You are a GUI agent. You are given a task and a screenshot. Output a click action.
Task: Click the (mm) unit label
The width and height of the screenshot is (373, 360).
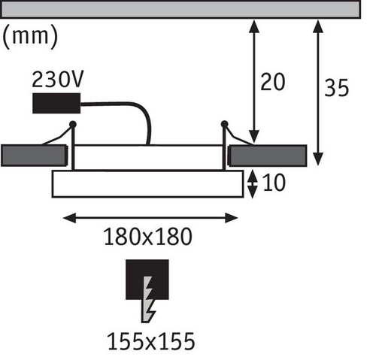coord(30,37)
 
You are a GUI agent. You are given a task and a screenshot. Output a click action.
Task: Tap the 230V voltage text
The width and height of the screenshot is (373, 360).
coord(58,80)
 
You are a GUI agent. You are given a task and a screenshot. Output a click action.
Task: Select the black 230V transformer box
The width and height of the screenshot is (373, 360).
coord(56,103)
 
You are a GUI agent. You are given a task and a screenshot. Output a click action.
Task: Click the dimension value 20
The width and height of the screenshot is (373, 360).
coord(273,82)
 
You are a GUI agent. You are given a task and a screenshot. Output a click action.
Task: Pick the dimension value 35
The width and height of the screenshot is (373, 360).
coord(336,88)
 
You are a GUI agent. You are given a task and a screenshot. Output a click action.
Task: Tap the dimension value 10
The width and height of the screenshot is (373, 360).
coord(274,183)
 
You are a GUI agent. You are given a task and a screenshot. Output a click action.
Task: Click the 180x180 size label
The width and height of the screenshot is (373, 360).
coord(148,237)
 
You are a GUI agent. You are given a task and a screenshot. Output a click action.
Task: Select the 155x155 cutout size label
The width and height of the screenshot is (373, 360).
coord(151,341)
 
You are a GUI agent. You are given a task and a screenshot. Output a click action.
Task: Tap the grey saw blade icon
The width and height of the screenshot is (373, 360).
coord(148,299)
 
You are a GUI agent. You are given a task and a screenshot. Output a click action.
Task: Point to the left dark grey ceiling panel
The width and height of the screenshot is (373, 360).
coord(34,156)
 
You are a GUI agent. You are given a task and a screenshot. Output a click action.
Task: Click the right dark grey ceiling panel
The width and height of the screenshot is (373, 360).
coord(268,156)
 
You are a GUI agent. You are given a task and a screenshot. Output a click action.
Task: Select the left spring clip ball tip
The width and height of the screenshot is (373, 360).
coord(73,124)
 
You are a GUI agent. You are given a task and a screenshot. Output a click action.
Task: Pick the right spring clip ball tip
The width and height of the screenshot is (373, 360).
coord(224,124)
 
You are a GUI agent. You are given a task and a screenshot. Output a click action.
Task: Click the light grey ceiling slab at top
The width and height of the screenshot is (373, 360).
coord(180,10)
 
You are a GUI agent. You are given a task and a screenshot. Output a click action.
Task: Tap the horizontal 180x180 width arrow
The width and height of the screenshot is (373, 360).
coord(150,218)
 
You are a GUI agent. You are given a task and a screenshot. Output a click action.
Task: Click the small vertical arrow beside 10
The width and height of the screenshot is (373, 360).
coord(253,184)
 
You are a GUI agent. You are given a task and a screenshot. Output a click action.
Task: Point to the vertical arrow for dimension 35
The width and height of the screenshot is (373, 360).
coord(318,92)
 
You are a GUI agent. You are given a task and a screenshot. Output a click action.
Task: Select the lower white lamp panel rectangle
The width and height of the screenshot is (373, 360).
coord(147,184)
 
